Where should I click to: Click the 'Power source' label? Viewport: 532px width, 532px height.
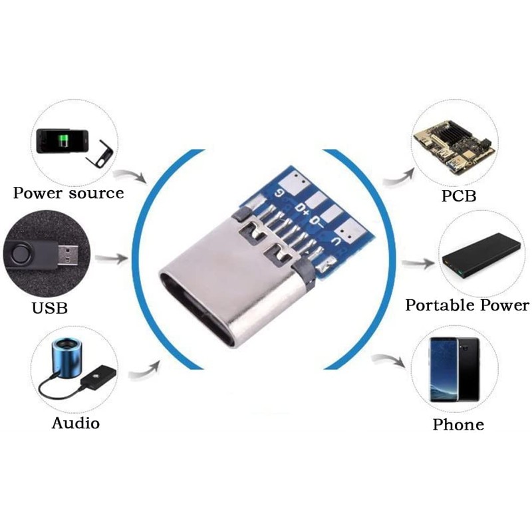(x=68, y=193)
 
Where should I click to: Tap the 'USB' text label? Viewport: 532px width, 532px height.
(x=49, y=308)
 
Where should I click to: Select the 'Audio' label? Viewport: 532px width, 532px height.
(x=76, y=423)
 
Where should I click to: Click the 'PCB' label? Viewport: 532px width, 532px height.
(x=459, y=196)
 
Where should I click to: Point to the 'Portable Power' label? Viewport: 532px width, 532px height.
(x=467, y=305)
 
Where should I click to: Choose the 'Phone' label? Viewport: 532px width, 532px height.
(x=458, y=424)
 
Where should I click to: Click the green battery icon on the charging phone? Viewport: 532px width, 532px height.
(x=63, y=141)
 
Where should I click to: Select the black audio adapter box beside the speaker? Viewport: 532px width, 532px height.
(x=98, y=376)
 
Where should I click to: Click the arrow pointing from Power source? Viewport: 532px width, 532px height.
(x=130, y=175)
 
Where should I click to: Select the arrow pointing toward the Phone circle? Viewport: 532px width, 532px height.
(x=388, y=360)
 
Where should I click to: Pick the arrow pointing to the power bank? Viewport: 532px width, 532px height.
(x=418, y=263)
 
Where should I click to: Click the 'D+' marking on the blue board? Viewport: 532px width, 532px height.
(x=302, y=209)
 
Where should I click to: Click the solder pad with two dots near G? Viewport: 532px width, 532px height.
(x=297, y=180)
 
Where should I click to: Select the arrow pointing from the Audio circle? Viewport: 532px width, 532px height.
(x=144, y=371)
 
